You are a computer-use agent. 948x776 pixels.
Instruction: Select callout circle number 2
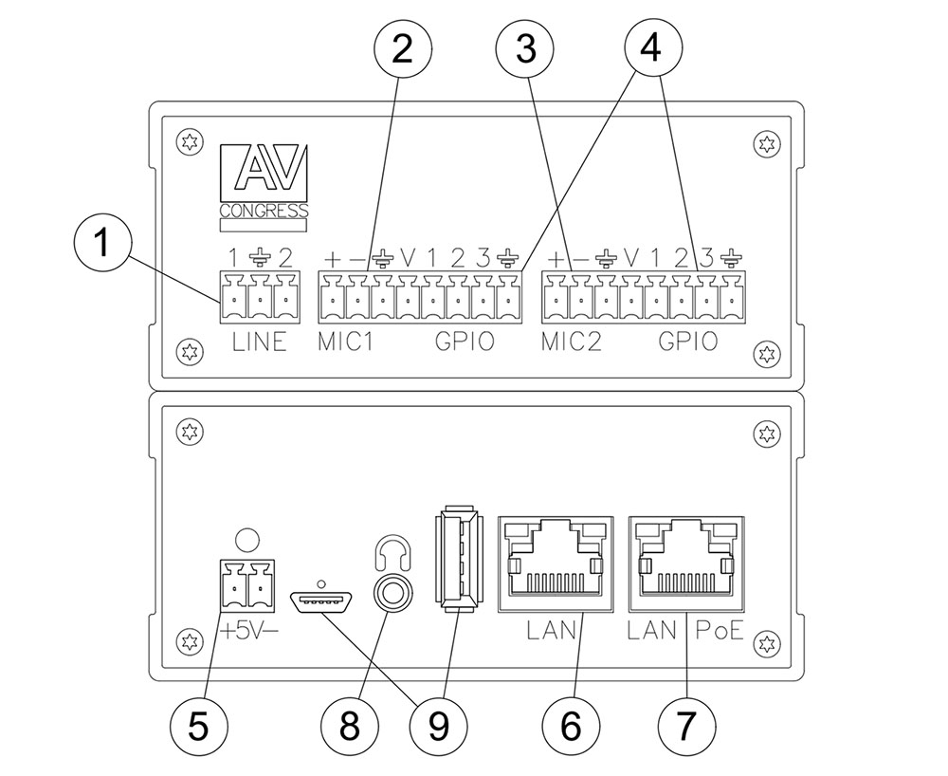pos(402,48)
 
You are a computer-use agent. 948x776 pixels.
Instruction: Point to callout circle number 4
pos(650,48)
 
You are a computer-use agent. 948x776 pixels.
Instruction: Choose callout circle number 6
pos(569,727)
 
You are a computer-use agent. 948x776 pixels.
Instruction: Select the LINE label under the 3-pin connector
pos(259,342)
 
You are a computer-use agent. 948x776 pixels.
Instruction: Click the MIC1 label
pos(345,342)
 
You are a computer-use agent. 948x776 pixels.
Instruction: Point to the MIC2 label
pos(572,342)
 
